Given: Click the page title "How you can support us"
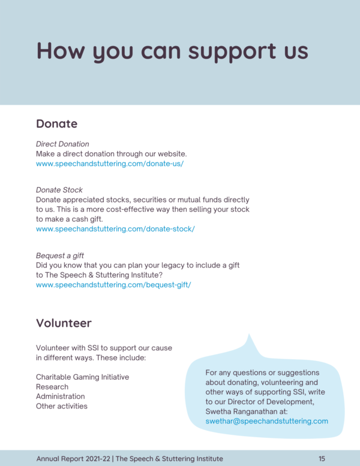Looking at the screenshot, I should click(x=172, y=52).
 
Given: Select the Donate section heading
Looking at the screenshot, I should click(x=56, y=124).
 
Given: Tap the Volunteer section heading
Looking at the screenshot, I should click(x=64, y=323).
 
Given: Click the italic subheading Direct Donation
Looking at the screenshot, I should click(x=62, y=144).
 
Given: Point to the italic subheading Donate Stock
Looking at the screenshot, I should click(x=59, y=190).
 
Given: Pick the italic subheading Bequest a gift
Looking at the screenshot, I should click(x=59, y=255).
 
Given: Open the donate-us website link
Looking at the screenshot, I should click(x=109, y=163).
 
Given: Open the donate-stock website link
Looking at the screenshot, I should click(x=115, y=229).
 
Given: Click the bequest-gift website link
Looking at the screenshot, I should click(x=113, y=285).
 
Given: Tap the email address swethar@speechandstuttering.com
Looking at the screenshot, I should click(x=266, y=421).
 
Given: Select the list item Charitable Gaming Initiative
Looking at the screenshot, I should click(x=82, y=377).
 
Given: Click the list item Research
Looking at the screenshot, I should click(x=52, y=387).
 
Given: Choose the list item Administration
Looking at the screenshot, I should click(x=60, y=396).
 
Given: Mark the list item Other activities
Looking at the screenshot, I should click(x=61, y=406).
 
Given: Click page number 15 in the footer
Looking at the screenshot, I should click(x=322, y=459).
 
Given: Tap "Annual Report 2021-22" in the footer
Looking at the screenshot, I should click(x=73, y=459).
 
